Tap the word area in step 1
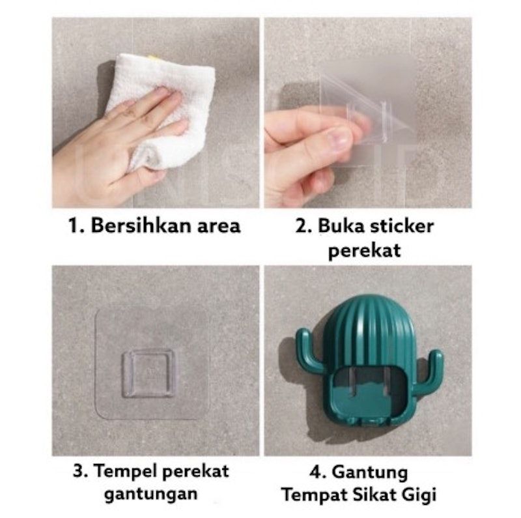(x=219, y=227)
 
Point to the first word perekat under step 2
(x=365, y=251)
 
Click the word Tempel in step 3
(x=125, y=472)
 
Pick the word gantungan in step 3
(x=151, y=495)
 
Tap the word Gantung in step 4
(x=370, y=473)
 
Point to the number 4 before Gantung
(x=317, y=472)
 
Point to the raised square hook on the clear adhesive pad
(x=148, y=373)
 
